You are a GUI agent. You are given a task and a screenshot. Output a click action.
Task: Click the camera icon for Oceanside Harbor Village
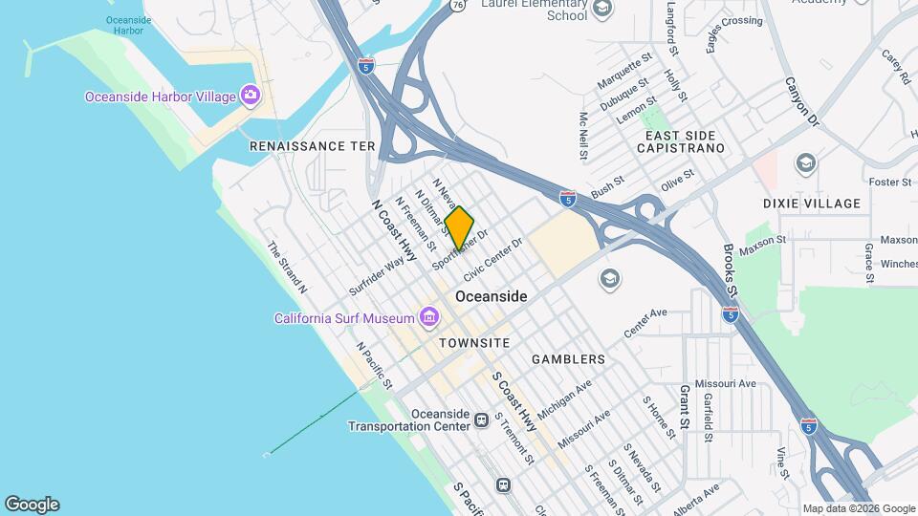pos(251,95)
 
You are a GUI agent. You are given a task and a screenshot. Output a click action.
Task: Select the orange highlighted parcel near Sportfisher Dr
pos(459,228)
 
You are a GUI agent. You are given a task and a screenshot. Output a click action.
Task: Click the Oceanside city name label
pos(491,296)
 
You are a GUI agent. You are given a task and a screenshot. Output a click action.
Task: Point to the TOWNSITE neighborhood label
pos(474,342)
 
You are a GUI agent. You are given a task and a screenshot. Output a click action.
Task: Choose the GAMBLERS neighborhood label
pos(569,359)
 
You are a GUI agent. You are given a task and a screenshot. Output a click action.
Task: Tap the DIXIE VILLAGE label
pos(812,204)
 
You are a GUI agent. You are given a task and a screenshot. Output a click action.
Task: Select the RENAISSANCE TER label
pos(312,146)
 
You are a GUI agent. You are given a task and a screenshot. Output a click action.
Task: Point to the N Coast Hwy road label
pos(395,230)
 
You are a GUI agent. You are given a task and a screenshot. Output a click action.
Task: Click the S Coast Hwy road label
pos(514,402)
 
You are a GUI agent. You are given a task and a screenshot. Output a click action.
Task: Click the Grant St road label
pos(685,406)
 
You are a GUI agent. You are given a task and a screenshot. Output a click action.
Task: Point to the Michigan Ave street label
pos(564,398)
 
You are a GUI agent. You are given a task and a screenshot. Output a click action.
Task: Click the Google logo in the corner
pos(32,505)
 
